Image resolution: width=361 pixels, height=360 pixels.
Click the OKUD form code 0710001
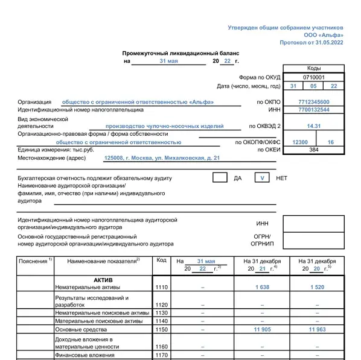313,78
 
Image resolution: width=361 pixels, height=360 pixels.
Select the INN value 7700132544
313,110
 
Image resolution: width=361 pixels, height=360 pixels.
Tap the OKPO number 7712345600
313,102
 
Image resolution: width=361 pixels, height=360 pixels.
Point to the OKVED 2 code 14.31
313,126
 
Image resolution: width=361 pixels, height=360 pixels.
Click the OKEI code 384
313,150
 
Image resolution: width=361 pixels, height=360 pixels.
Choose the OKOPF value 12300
299,142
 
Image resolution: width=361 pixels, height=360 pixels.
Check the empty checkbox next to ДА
220,178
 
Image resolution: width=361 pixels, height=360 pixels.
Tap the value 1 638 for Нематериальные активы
261,288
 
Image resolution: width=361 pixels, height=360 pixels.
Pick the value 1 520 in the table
318,288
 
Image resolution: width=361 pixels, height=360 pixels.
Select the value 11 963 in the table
317,330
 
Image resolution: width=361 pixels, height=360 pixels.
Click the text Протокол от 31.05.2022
311,43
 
